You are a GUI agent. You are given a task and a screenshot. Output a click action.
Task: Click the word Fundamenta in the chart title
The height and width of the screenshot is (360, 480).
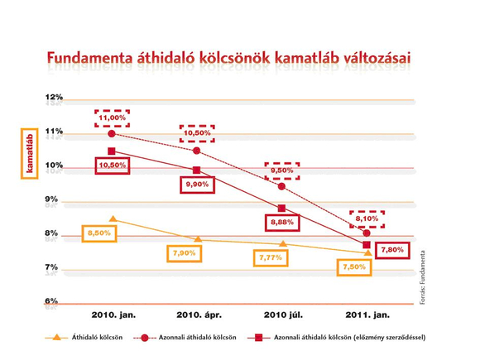click(89, 58)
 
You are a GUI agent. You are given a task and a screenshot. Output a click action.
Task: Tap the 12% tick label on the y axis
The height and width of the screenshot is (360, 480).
click(54, 97)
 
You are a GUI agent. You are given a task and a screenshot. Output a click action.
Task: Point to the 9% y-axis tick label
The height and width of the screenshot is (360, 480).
click(51, 199)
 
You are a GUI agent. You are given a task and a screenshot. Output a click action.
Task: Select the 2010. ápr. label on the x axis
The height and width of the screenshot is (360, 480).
click(199, 315)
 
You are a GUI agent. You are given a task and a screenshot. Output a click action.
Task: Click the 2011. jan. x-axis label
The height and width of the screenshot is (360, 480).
click(367, 315)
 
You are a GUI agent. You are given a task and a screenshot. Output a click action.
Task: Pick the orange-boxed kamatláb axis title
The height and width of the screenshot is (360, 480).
click(30, 154)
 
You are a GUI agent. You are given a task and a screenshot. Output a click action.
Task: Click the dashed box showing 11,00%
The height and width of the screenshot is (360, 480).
click(112, 118)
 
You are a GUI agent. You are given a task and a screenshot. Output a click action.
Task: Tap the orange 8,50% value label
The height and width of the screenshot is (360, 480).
click(99, 233)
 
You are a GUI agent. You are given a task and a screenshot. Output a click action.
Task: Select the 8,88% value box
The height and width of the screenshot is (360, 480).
click(282, 223)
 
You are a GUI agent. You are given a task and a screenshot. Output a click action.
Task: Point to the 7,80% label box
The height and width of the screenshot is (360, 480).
click(392, 250)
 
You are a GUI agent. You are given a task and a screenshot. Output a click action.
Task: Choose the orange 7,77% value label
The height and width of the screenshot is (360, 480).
click(271, 257)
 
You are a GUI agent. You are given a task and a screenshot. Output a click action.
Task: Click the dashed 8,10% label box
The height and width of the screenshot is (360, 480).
click(367, 219)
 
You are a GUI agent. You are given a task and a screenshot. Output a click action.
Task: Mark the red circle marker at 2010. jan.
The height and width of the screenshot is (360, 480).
click(112, 134)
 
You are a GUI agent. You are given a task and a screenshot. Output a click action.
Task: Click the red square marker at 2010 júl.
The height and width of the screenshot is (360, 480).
click(281, 209)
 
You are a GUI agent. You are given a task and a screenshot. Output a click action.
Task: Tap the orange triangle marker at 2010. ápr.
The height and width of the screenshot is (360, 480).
click(199, 239)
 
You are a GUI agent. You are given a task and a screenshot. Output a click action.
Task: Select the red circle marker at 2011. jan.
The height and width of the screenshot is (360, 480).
click(367, 233)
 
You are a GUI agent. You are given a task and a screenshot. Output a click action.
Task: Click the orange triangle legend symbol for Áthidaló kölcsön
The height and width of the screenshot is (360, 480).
click(56, 338)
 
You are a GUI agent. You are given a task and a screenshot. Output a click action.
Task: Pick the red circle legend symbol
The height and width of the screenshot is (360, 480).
click(145, 338)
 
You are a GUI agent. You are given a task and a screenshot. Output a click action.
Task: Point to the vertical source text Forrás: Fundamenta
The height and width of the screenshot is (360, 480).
click(422, 277)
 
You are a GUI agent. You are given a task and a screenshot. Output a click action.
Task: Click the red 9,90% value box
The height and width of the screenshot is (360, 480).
click(198, 185)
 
